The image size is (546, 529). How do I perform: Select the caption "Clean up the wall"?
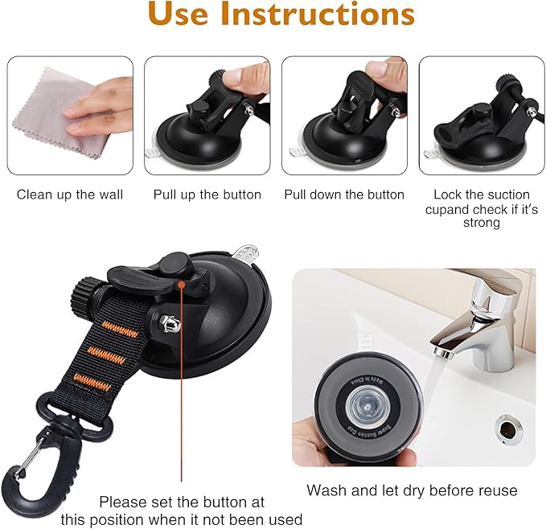point(70,195)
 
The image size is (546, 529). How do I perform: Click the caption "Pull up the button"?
point(207,195)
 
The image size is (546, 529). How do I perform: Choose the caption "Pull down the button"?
point(344,195)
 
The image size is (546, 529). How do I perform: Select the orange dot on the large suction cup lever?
point(183,283)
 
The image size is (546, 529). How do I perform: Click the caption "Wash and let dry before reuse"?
point(412,490)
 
